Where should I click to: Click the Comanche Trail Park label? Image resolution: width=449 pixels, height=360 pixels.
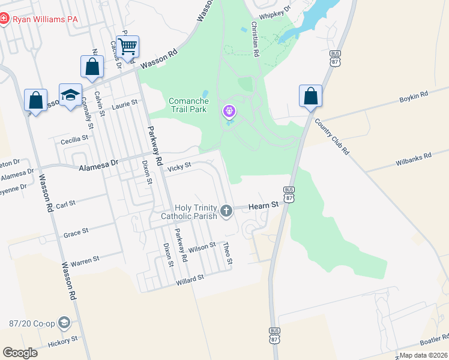point(188,105)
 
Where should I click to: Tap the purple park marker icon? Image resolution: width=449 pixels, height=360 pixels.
point(229,112)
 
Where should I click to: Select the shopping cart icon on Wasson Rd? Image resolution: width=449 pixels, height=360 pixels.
point(127,46)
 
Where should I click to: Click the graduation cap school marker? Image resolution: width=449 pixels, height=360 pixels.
point(70,95)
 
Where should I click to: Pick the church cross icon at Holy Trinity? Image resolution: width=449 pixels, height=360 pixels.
point(226,211)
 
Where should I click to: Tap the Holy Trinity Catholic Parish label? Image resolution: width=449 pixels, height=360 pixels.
point(188,212)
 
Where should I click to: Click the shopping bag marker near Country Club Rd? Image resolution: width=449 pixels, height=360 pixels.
point(310,96)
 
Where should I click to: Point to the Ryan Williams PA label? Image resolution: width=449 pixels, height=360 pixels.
point(46,19)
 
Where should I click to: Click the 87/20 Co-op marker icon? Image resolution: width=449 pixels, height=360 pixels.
point(64,323)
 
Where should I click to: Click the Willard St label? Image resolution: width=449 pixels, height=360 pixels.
point(190,279)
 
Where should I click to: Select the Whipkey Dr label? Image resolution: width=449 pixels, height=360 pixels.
point(274,10)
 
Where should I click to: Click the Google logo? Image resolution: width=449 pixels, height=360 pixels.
point(20,352)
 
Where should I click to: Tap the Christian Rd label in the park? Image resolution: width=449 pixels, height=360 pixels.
point(255,40)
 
